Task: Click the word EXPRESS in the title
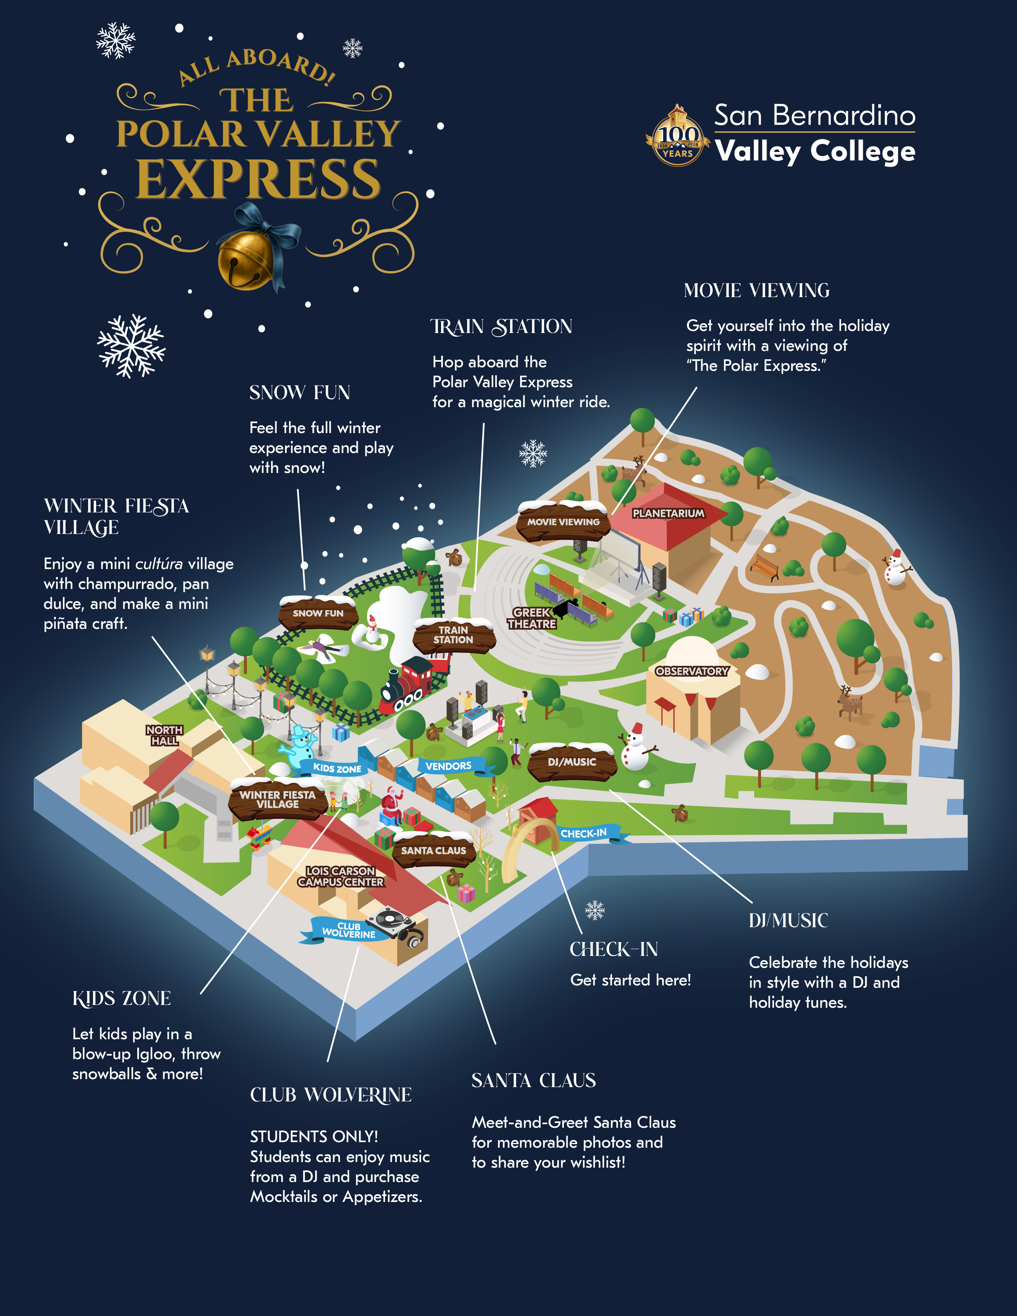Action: coord(258,179)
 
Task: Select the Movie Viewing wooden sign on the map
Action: coord(563,522)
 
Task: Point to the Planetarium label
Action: coord(668,513)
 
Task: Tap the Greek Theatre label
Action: coord(531,618)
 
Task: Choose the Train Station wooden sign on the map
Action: coord(453,635)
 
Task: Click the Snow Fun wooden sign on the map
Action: coord(317,613)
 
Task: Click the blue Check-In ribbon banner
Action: coord(584,833)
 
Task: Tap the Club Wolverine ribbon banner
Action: coord(348,930)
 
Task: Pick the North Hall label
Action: coord(164,735)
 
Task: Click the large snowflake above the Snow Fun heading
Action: coord(131,346)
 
